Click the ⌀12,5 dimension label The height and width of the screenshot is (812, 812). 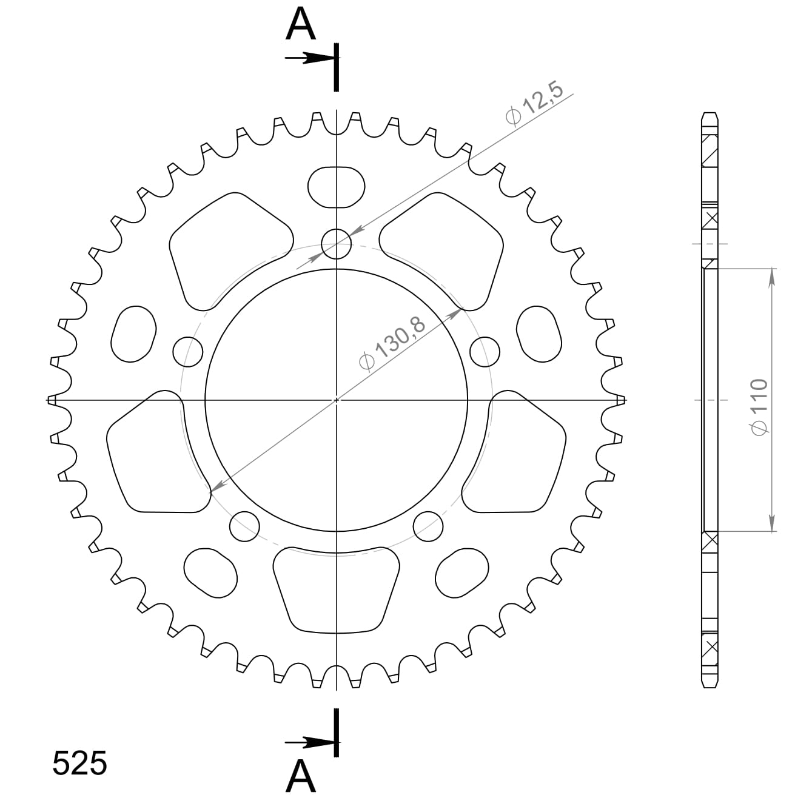[x=534, y=104]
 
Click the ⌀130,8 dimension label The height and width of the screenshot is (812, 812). [x=392, y=343]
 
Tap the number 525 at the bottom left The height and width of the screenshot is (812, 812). [x=79, y=763]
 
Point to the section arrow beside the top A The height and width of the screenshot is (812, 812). [x=309, y=58]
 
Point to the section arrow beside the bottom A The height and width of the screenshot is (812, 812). [x=309, y=742]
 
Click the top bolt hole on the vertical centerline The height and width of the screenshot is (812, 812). [x=336, y=244]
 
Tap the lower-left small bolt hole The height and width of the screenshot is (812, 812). [x=244, y=526]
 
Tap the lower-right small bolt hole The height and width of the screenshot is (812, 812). [x=428, y=526]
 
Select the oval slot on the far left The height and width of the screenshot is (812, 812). [x=133, y=334]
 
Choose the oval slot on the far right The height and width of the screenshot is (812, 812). [x=539, y=334]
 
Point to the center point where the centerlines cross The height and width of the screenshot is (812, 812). [x=337, y=400]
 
